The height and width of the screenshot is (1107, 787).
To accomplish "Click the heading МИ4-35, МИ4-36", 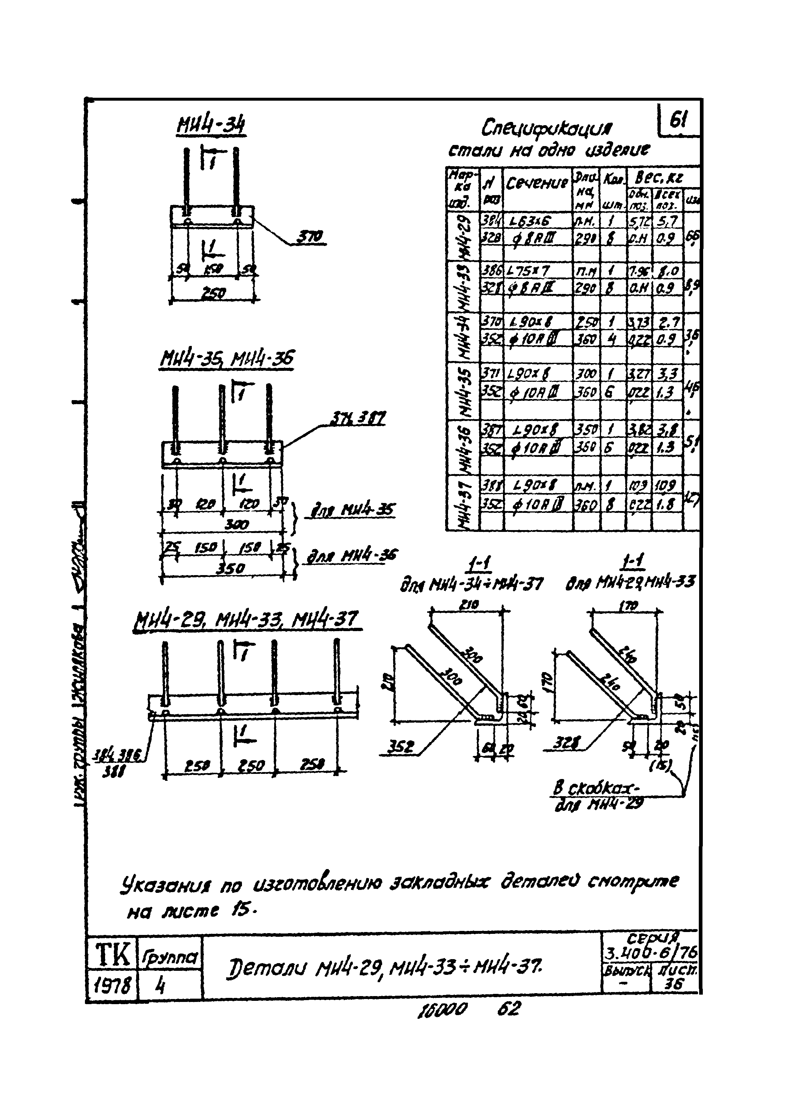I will pyautogui.click(x=226, y=360).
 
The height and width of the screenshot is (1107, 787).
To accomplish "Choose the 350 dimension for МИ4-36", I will pyautogui.click(x=229, y=568).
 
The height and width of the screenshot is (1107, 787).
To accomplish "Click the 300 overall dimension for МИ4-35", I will pyautogui.click(x=237, y=525).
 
